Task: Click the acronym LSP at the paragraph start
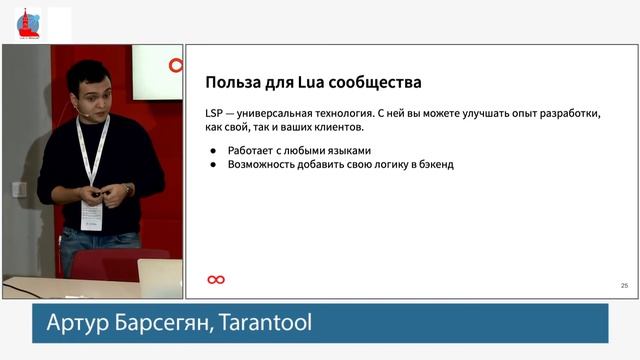217,113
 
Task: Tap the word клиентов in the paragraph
337,128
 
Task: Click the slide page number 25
624,286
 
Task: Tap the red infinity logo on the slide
215,279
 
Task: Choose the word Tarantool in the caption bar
267,323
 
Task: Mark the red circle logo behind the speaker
176,66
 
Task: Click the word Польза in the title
234,81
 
